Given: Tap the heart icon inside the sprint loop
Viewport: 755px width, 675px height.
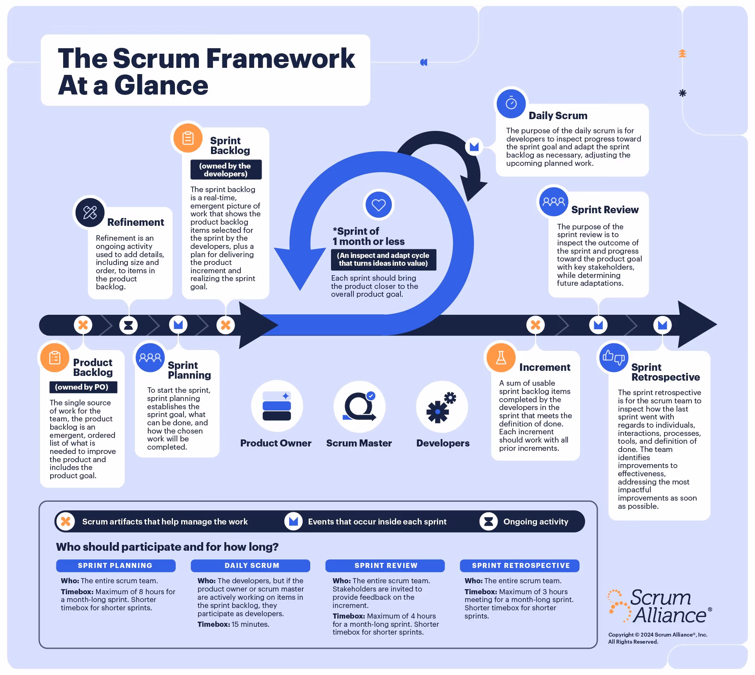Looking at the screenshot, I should [x=378, y=205].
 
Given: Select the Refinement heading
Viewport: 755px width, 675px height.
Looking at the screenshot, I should [x=135, y=222].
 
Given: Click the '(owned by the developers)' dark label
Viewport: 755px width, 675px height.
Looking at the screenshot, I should [x=226, y=170].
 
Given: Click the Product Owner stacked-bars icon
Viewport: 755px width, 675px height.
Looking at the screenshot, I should [x=277, y=406].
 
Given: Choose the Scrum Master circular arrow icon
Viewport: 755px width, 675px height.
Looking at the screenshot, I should [x=359, y=406].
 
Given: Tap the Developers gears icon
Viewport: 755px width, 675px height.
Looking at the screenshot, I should [x=442, y=406].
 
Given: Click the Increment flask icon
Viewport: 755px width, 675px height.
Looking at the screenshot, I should [x=501, y=357].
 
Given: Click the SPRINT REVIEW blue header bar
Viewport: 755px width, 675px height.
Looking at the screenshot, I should [x=385, y=565].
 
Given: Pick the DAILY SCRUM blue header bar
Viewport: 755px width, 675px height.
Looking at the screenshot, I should [x=251, y=565].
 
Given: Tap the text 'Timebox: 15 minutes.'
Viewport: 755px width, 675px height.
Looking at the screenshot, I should [x=233, y=624].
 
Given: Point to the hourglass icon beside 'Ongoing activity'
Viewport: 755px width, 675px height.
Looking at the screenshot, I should [x=488, y=521].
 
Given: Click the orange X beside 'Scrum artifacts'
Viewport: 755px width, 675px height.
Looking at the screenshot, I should [x=66, y=521].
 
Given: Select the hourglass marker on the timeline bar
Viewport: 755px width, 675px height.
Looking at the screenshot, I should [x=128, y=325].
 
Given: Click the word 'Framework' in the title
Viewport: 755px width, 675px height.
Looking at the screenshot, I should [x=280, y=58].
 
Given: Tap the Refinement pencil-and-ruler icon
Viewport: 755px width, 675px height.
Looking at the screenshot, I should [x=90, y=212].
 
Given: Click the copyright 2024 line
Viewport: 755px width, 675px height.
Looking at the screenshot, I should [x=657, y=635].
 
